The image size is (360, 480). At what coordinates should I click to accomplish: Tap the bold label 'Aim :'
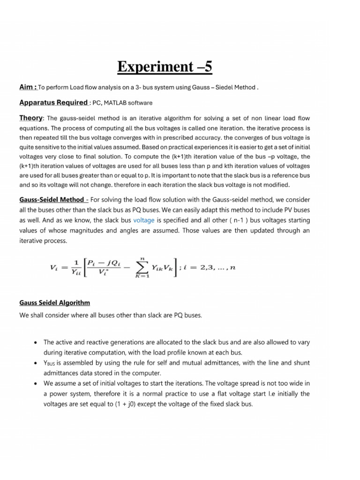[x=28, y=87]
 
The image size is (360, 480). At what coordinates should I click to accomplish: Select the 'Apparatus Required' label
[x=53, y=102]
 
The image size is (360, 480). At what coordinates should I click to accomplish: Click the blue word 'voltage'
[x=143, y=220]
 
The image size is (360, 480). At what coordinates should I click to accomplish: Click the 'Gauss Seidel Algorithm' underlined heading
[x=54, y=303]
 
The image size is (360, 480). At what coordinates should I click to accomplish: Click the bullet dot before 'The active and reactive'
[x=35, y=343]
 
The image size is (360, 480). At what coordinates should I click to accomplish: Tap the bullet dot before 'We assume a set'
[x=35, y=383]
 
